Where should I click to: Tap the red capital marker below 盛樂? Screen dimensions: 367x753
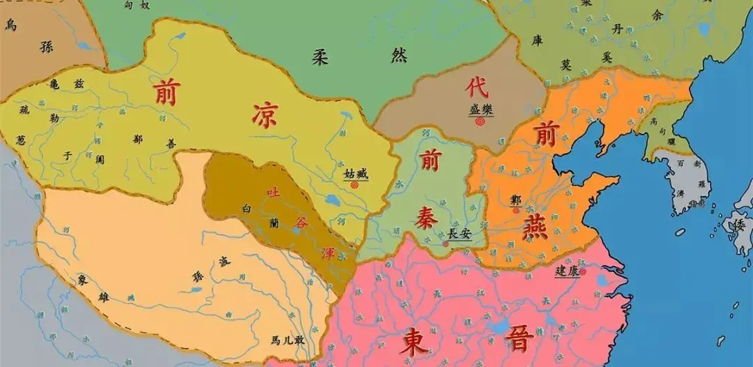click(480, 121)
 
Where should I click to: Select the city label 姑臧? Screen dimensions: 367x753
click(355, 173)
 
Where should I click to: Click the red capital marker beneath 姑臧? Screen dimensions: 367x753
click(354, 186)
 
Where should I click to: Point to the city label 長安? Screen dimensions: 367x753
click(459, 234)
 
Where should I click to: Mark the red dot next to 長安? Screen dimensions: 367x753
click(446, 244)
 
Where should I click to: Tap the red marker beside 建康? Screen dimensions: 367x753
click(583, 274)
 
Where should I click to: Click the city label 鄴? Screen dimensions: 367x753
click(515, 198)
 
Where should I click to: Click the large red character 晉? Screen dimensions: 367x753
click(519, 340)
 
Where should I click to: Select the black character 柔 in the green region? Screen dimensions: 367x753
click(320, 57)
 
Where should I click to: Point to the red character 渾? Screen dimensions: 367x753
click(328, 253)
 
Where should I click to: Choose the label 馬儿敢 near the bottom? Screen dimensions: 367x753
click(288, 340)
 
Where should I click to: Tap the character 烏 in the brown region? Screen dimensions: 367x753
click(11, 25)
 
